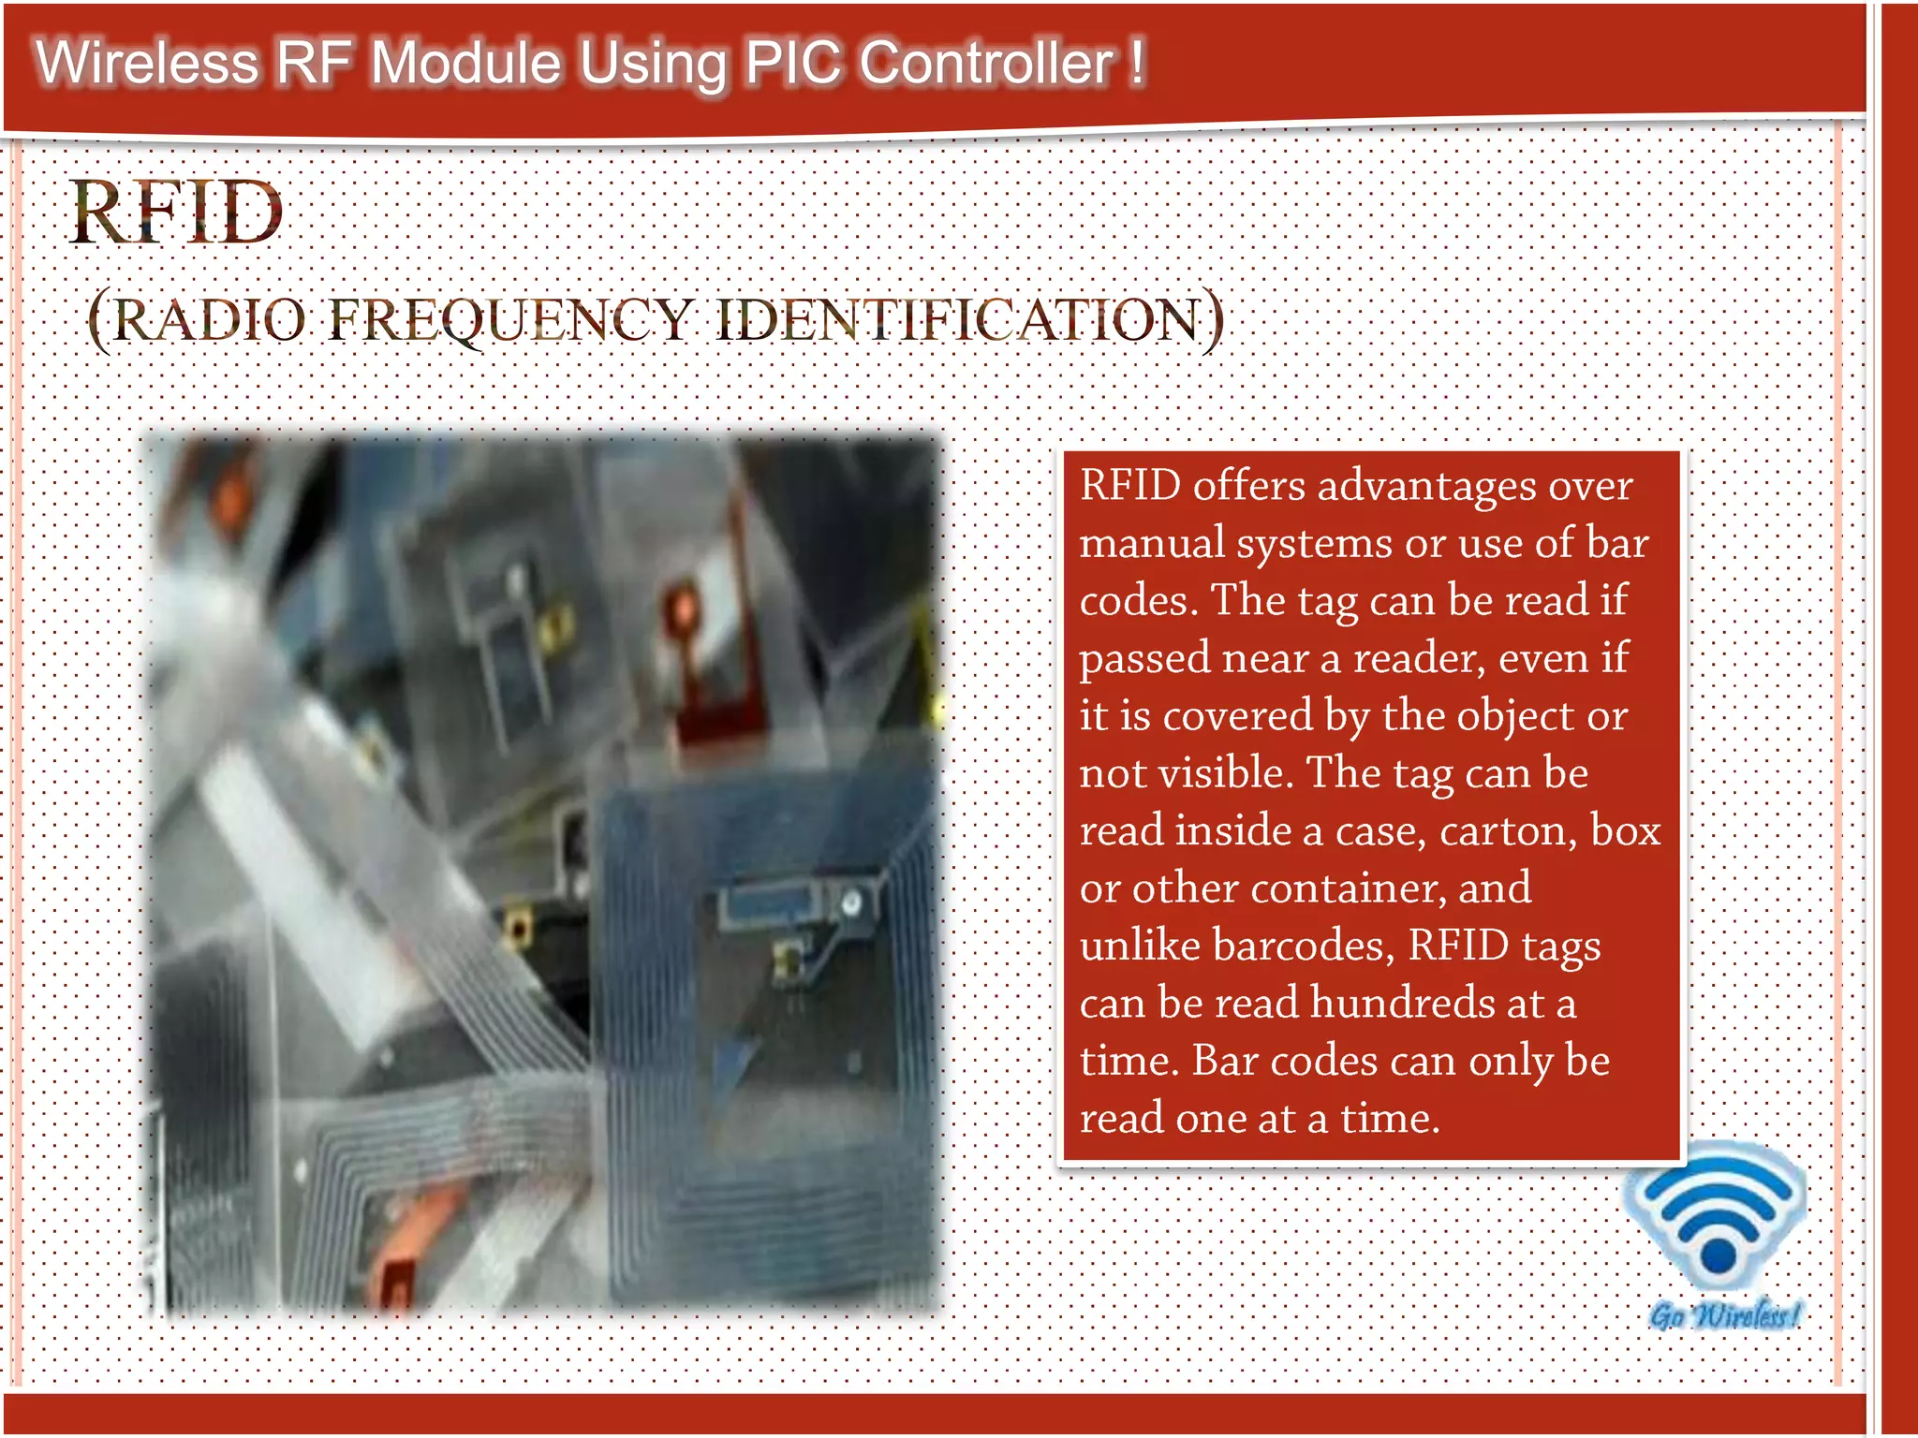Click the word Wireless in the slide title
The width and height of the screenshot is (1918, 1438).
(x=147, y=64)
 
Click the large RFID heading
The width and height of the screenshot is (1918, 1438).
(x=176, y=213)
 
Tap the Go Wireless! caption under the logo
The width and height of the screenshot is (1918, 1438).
(x=1723, y=1315)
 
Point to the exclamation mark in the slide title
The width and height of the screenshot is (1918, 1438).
(x=1136, y=62)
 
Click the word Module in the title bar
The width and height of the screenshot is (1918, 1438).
(x=465, y=64)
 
